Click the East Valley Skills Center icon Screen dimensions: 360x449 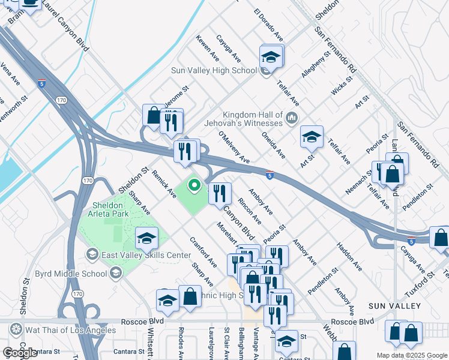pyautogui.click(x=92, y=255)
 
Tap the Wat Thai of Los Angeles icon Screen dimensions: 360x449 pyautogui.click(x=16, y=329)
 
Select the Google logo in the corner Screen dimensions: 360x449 pyautogui.click(x=20, y=353)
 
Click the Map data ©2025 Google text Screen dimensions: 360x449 pyautogui.click(x=411, y=355)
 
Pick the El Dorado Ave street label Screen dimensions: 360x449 pyautogui.click(x=268, y=25)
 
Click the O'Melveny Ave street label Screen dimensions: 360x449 pyautogui.click(x=234, y=148)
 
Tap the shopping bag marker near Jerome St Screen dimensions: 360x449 pyautogui.click(x=153, y=116)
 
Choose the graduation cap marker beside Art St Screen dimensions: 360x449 pyautogui.click(x=312, y=137)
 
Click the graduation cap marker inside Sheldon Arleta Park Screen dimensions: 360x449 pyautogui.click(x=146, y=239)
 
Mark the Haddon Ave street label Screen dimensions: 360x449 pyautogui.click(x=349, y=256)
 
